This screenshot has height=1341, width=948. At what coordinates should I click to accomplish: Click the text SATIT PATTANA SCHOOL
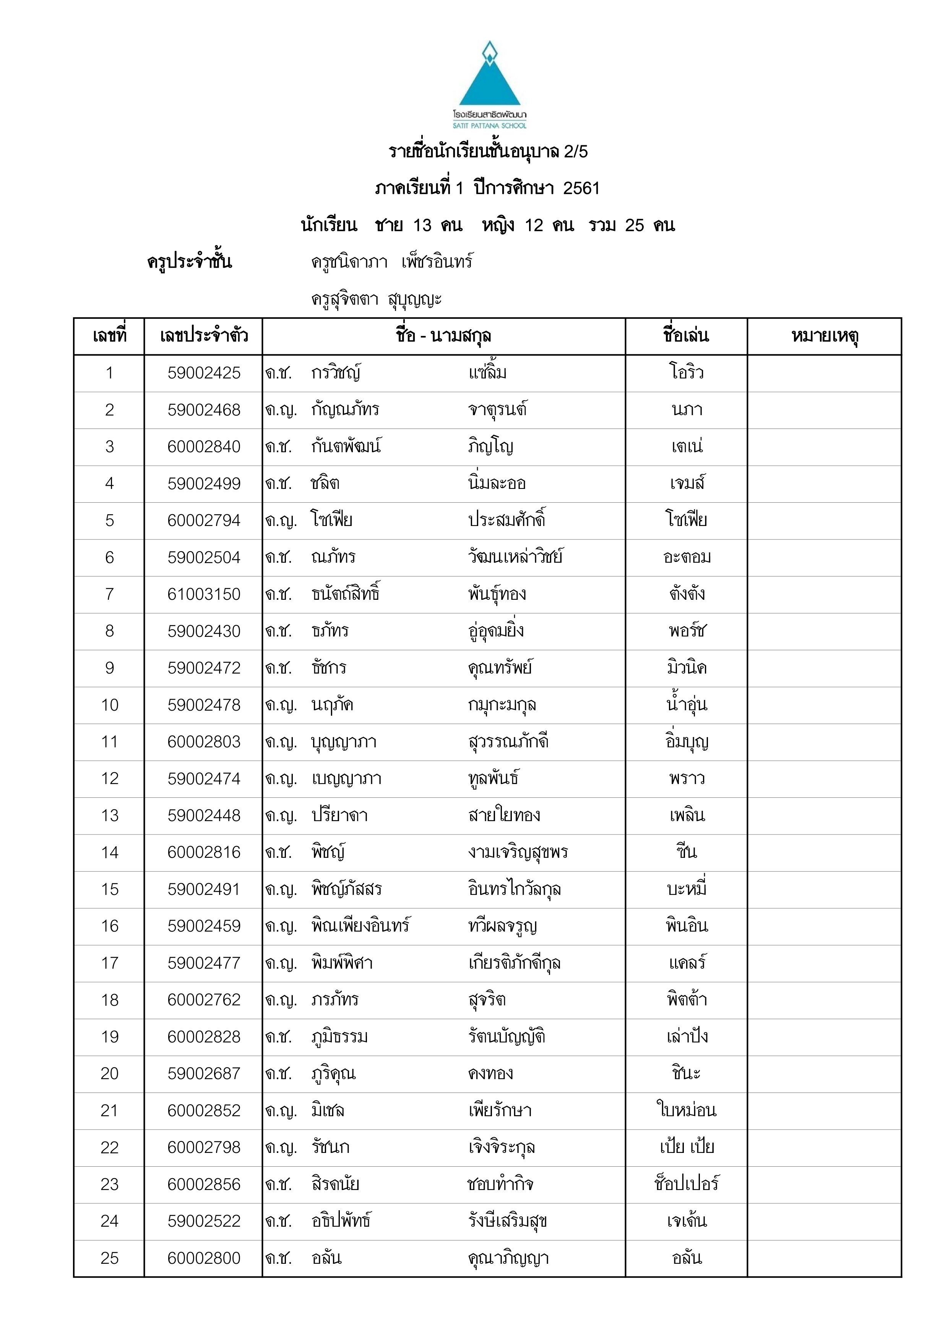click(x=489, y=125)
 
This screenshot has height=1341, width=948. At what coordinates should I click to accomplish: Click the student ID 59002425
click(x=204, y=373)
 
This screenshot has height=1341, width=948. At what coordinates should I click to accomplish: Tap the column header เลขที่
click(x=109, y=336)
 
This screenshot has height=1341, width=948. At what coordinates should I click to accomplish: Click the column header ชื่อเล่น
click(x=686, y=336)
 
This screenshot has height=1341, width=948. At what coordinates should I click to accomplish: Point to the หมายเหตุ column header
click(x=824, y=336)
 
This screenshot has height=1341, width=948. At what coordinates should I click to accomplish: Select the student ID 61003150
click(x=204, y=594)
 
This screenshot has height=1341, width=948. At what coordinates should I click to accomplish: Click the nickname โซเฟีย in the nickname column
click(x=686, y=520)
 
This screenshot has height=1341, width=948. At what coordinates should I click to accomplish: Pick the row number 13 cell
click(x=109, y=815)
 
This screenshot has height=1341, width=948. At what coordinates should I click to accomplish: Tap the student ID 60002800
click(x=204, y=1258)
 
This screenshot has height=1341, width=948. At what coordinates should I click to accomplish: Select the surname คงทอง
click(x=491, y=1073)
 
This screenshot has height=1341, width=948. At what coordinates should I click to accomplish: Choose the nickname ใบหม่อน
click(x=686, y=1110)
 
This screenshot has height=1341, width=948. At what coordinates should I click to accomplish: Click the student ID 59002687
click(x=204, y=1073)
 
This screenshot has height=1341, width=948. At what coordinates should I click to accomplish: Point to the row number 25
click(x=109, y=1258)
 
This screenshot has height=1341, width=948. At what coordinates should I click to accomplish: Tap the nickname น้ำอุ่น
click(x=686, y=705)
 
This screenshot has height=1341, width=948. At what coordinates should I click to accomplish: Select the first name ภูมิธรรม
click(x=339, y=1037)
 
